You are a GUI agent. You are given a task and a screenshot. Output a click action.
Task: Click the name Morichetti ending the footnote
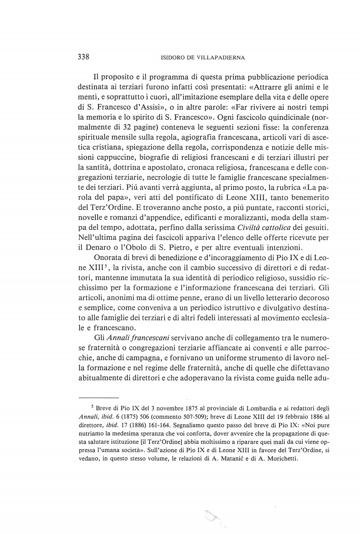point(278,459)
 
